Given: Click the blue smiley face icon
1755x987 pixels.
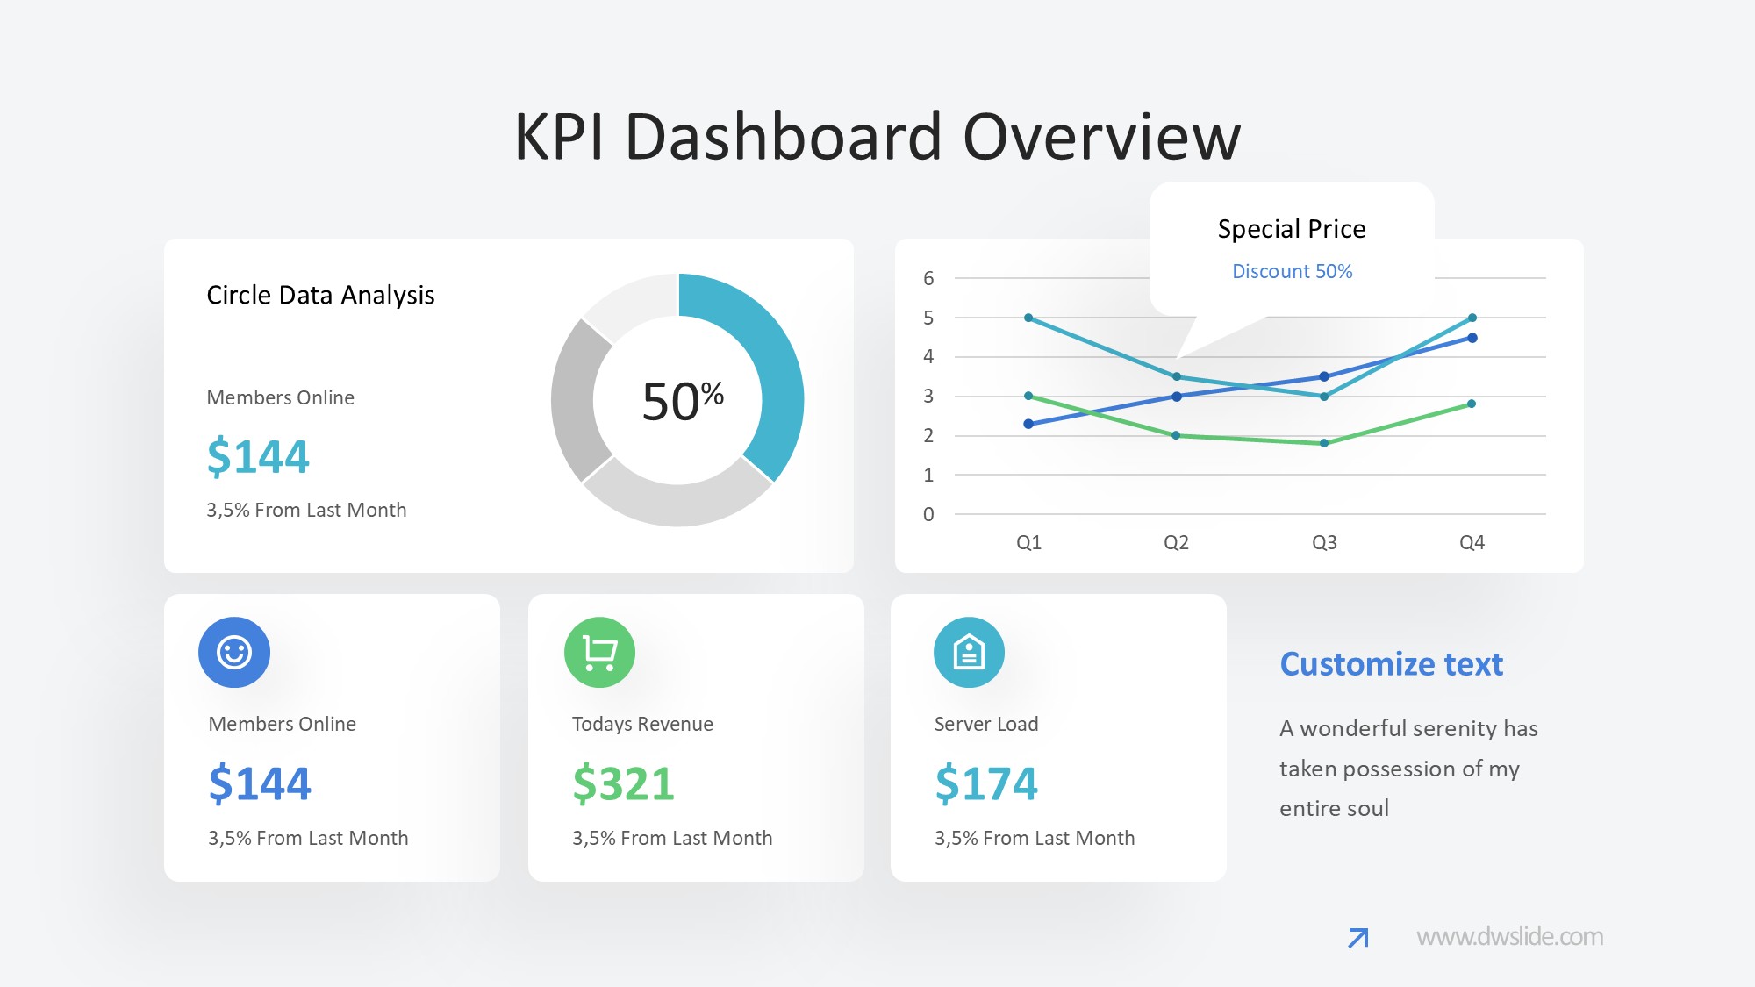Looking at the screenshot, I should pos(234,652).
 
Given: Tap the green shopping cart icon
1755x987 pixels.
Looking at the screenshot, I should pos(599,652).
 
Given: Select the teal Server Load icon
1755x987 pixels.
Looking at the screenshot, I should pos(969,652).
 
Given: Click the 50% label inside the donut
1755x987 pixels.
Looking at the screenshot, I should pos(683,401).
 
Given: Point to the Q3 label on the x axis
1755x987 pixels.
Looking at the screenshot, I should pos(1324,542).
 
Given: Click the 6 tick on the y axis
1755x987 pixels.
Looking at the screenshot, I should pos(928,278).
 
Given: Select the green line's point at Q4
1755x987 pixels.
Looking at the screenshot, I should pos(1472,404).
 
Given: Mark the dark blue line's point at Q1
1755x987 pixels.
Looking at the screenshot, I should pos(1028,424).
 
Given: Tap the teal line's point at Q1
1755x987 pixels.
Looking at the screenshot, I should pos(1028,318).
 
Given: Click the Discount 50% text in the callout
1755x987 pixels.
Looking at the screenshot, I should pos(1292,271).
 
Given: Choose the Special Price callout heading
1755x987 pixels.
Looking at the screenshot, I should pos(1292,229).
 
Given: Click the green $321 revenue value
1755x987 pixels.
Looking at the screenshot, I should pos(623,783).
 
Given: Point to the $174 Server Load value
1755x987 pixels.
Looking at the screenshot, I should pos(986,783).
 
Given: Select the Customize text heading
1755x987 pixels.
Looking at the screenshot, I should pos(1391,664).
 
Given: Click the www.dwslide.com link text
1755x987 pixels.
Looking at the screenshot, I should pos(1509,937).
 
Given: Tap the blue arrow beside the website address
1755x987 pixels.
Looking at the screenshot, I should pos(1358,938).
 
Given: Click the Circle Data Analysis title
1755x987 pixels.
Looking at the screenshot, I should pos(320,296).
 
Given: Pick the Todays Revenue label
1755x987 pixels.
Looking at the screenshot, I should pos(642,724).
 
